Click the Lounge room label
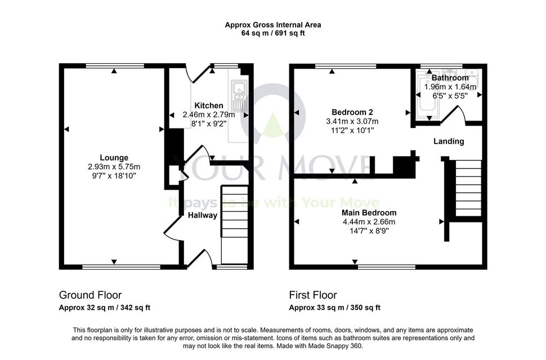click(x=114, y=158)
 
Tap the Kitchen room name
click(x=209, y=105)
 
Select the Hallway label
click(x=202, y=215)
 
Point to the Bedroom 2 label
click(x=352, y=112)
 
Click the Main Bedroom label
click(x=369, y=212)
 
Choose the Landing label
click(x=449, y=141)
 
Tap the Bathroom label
click(x=450, y=78)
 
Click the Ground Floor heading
click(x=90, y=295)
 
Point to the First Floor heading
click(x=313, y=295)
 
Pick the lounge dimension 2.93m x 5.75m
click(x=114, y=167)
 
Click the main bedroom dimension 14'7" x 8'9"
click(x=369, y=231)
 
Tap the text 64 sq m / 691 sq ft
click(x=272, y=33)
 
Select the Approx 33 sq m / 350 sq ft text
click(x=334, y=308)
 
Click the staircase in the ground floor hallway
click(x=235, y=225)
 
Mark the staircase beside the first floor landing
click(x=468, y=188)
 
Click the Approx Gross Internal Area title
click(x=272, y=25)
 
